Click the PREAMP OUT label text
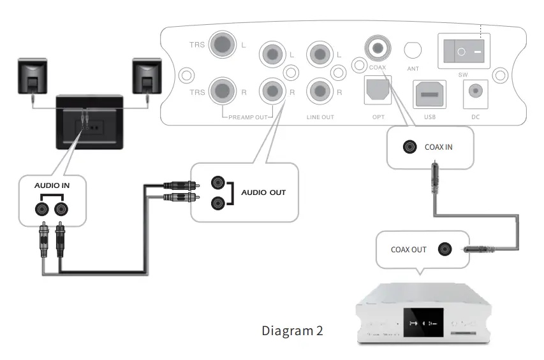point(249,117)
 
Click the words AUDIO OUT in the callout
point(263,192)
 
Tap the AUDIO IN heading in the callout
point(52,185)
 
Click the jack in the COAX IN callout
point(408,147)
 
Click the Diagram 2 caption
point(292,331)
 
